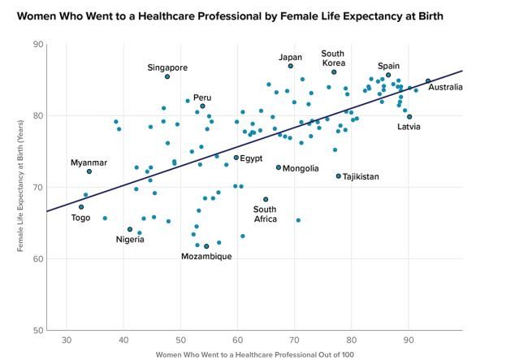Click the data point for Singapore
click(x=167, y=76)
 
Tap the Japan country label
click(x=290, y=57)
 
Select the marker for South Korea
click(x=334, y=72)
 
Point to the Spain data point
click(x=388, y=75)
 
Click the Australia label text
click(x=446, y=87)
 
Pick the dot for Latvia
click(x=409, y=116)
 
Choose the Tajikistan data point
click(x=339, y=176)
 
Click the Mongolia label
click(x=300, y=168)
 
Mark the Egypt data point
click(x=236, y=158)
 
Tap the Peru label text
click(x=202, y=98)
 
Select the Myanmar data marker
click(x=89, y=171)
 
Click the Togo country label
click(x=81, y=218)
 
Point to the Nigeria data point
click(x=130, y=229)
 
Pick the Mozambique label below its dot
click(x=206, y=257)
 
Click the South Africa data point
click(x=266, y=199)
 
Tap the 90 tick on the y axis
click(x=37, y=44)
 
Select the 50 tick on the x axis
click(x=180, y=340)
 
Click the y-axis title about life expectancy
click(x=19, y=187)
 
